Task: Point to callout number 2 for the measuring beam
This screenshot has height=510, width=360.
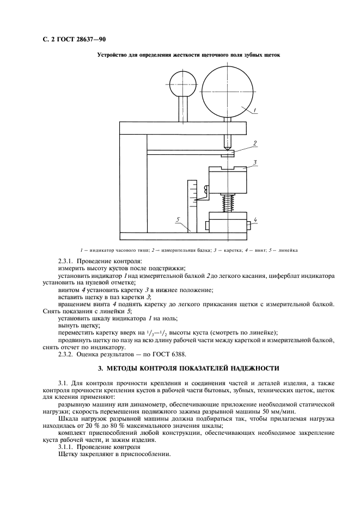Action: [x=254, y=144]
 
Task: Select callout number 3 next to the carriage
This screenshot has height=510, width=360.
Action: [x=254, y=162]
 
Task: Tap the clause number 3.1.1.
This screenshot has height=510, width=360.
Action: [x=68, y=447]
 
